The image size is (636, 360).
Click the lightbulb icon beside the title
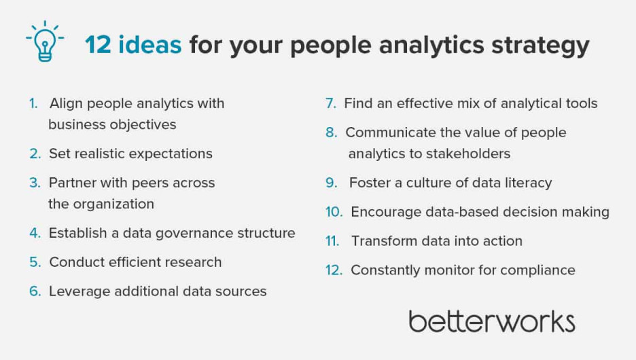point(45,42)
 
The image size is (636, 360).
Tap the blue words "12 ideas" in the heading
point(132,46)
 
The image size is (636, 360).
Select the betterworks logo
point(491,321)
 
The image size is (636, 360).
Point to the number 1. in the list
point(33,103)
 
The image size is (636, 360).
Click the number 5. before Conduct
point(35,262)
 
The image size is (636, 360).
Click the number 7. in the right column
point(331,103)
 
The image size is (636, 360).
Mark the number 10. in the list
point(334,212)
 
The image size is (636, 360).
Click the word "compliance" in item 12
point(538,270)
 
